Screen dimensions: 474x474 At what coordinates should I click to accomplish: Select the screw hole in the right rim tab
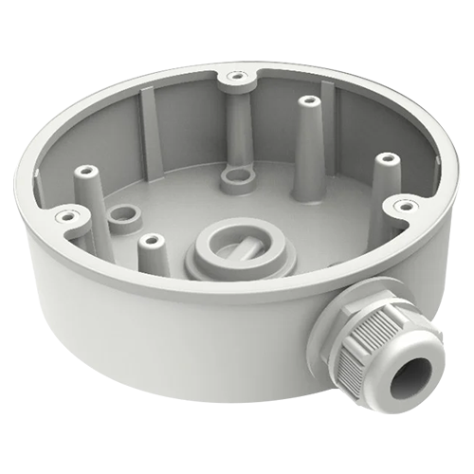(x=405, y=204)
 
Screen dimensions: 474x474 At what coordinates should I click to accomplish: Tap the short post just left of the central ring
(x=147, y=242)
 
